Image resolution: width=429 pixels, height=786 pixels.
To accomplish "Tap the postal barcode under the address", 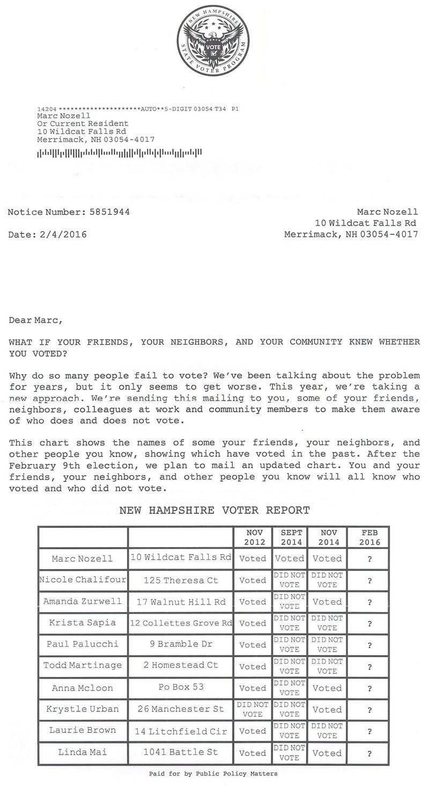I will coord(119,153).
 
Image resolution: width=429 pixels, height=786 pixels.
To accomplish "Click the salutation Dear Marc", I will coord(35,321).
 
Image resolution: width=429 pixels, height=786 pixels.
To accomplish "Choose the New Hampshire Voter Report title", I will coord(214,510).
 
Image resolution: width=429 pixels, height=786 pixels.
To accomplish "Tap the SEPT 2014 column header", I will coord(289,537).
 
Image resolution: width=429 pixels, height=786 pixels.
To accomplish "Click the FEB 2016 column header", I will coord(369,537).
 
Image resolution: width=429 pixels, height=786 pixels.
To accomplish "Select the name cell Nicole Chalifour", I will coord(83,580).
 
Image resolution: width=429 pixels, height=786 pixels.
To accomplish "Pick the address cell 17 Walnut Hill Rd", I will coord(181,602).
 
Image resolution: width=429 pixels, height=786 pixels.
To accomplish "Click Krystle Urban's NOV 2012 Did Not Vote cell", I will coord(253,709).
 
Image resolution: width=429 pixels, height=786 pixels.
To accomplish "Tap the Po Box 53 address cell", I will coord(181,687).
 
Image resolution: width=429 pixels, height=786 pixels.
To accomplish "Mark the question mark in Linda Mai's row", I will coord(369,753).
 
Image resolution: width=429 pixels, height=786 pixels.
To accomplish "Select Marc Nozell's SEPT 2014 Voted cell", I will coord(289,558).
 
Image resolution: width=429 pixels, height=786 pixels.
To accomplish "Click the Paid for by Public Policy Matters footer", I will coord(213,774).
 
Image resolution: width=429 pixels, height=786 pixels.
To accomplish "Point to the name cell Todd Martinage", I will coord(83,665).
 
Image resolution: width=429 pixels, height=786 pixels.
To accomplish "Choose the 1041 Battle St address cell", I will coord(181,752).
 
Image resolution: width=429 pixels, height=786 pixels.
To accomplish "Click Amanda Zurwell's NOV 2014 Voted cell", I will coord(327,602).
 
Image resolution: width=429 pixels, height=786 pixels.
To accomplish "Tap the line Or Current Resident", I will coord(83,123).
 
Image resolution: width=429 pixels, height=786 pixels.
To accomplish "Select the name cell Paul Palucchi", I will coord(83,644).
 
